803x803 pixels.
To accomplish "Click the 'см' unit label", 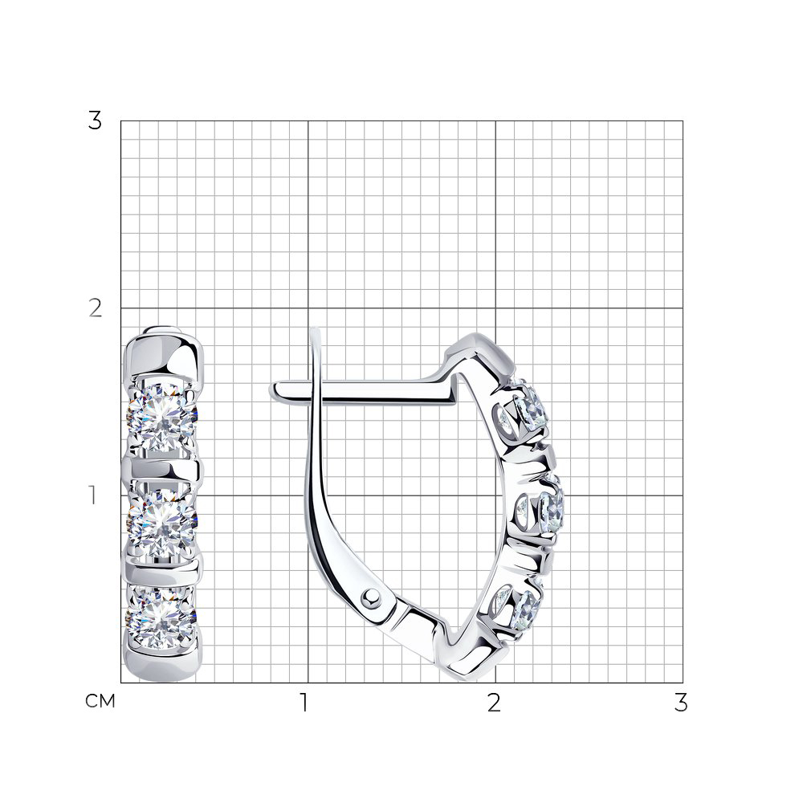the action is [x=100, y=701].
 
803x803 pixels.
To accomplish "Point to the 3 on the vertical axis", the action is [x=95, y=121].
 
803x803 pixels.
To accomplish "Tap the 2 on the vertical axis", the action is [x=96, y=308].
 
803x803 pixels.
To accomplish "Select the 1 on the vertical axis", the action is [x=92, y=495].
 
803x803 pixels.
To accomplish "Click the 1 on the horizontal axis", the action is [x=304, y=703].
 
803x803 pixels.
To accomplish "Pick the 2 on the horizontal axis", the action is [x=494, y=703].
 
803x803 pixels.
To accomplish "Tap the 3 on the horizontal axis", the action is [x=681, y=703].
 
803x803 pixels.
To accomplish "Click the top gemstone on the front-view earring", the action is [x=163, y=418].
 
